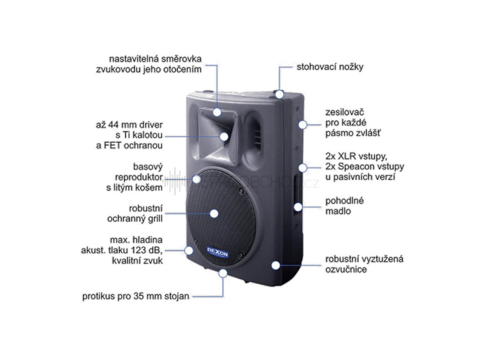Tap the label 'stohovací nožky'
tap(330, 67)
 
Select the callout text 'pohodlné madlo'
tap(345, 206)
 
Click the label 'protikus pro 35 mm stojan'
tap(136, 296)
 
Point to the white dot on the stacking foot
tap(279, 94)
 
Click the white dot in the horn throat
tap(225, 136)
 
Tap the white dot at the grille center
tap(214, 213)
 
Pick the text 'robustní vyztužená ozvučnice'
tap(365, 264)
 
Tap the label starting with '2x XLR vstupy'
tap(364, 166)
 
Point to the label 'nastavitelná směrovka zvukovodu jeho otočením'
tap(155, 64)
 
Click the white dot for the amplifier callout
tap(303, 124)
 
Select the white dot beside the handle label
tap(299, 206)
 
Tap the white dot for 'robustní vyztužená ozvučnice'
tap(276, 265)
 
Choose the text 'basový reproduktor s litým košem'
tap(139, 177)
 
